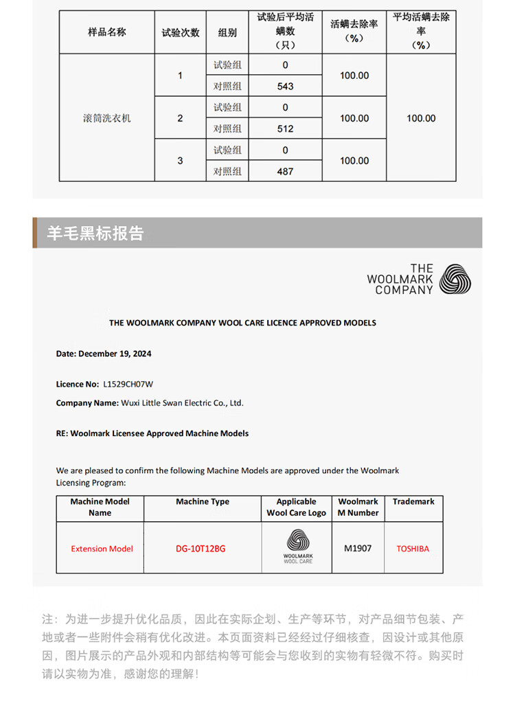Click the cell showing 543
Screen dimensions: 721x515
285,87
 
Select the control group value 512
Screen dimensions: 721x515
285,129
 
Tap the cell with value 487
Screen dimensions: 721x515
285,172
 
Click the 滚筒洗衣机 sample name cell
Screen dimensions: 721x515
106,118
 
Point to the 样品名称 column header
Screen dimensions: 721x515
106,32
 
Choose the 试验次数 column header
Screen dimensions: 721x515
180,32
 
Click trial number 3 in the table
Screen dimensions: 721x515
180,161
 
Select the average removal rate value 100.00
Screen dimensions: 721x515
421,118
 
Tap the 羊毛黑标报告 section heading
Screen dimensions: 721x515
95,233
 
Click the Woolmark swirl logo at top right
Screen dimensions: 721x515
455,279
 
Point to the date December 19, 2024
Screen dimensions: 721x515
104,354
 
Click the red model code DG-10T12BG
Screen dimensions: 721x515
201,549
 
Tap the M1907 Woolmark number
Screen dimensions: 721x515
358,548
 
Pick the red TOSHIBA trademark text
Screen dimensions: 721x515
413,549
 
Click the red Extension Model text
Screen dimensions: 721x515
102,549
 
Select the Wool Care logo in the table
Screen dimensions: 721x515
297,547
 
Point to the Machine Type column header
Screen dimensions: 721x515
203,502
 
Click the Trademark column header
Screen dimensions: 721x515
413,502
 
